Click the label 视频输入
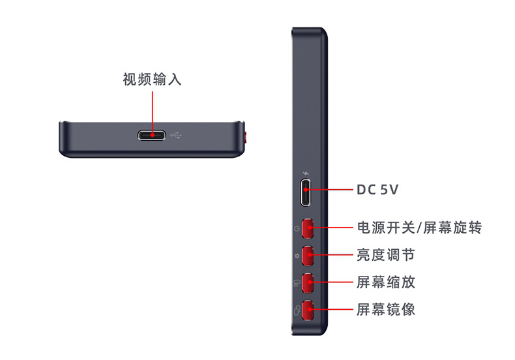pyautogui.click(x=152, y=80)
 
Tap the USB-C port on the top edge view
pyautogui.click(x=153, y=136)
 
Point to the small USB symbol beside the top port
pyautogui.click(x=177, y=136)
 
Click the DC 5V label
pyautogui.click(x=377, y=190)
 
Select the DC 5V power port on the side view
pyautogui.click(x=306, y=192)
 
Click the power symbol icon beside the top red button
pyautogui.click(x=297, y=230)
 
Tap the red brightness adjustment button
pyautogui.click(x=308, y=255)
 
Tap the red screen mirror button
pyautogui.click(x=308, y=310)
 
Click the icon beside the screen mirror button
pyautogui.click(x=297, y=310)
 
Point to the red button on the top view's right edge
pyautogui.click(x=246, y=138)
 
